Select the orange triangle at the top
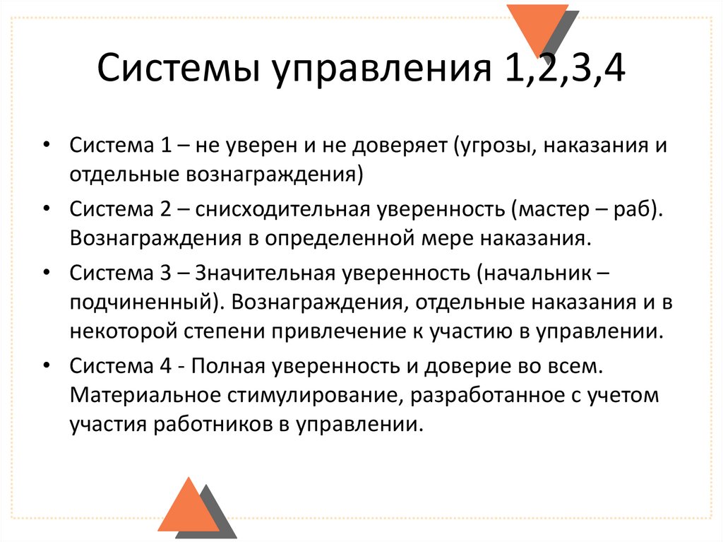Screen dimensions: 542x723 point(536,28)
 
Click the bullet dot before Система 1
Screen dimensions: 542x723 point(46,146)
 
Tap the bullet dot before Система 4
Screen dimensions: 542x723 point(46,367)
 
